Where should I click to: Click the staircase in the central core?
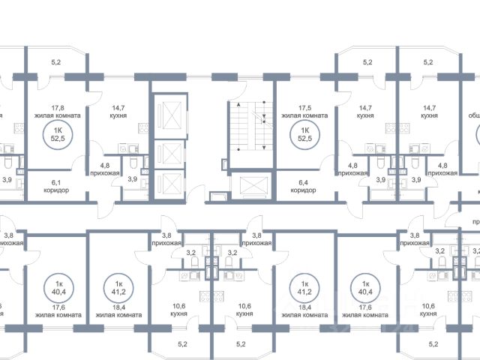250,126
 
